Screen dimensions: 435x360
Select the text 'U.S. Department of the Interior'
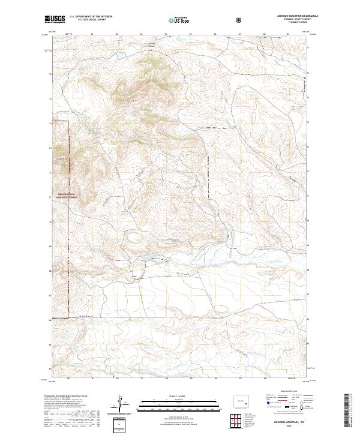[91, 17]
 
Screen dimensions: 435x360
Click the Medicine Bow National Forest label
[59, 196]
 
